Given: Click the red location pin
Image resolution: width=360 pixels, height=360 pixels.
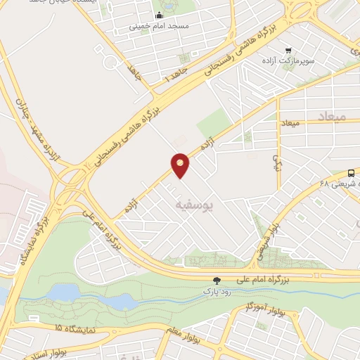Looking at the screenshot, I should (x=181, y=165).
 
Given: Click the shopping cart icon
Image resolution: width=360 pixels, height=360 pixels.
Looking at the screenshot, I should (x=289, y=50).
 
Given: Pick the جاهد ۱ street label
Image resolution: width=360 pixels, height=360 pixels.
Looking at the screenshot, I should (x=178, y=75).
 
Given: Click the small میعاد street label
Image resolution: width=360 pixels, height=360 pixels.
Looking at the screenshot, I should (x=290, y=124).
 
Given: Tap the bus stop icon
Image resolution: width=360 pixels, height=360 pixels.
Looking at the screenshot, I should (x=351, y=173).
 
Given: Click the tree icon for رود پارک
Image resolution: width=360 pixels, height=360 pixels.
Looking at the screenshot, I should (x=217, y=280).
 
